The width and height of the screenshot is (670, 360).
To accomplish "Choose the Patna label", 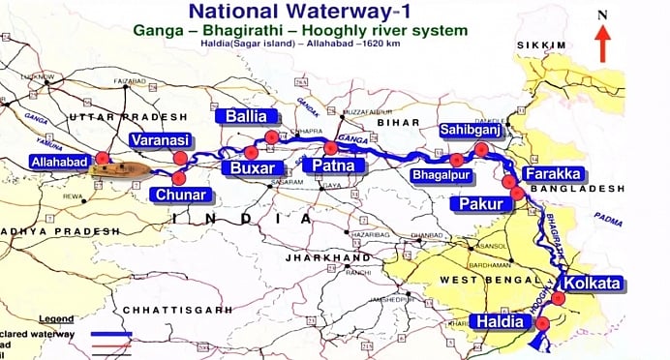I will point(333,166).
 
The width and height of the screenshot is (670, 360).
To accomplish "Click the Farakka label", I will point(552,174).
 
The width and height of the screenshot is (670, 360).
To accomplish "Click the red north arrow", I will point(602,44).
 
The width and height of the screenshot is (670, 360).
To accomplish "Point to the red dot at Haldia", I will point(542,323).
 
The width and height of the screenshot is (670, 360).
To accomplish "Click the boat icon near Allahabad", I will point(122,170).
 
